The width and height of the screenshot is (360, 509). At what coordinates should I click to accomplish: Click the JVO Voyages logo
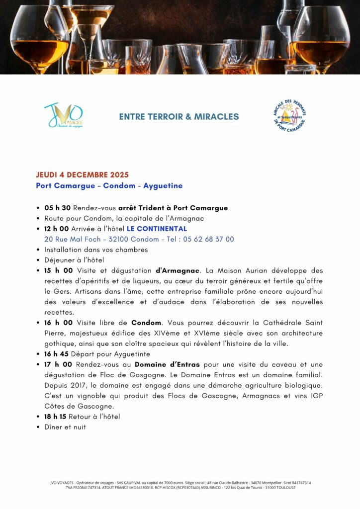point(64,116)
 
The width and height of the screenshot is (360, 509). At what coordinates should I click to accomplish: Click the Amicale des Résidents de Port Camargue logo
point(290,116)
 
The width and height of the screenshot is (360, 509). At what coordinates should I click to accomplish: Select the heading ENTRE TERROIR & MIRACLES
point(179,117)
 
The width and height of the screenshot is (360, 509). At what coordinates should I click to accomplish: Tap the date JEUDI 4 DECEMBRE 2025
point(82,174)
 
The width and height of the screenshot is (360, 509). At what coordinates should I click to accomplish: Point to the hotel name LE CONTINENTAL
point(157,229)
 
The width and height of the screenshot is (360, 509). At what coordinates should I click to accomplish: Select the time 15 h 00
point(59,270)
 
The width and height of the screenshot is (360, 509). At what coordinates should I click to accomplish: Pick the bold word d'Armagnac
point(178,270)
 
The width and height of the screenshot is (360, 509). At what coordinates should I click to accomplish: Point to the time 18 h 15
point(58,417)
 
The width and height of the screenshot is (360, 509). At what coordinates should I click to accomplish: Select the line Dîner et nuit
point(65,427)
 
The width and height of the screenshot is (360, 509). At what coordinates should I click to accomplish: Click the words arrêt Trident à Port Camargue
point(173,208)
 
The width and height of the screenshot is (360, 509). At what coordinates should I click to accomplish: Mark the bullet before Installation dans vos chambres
point(39,250)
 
